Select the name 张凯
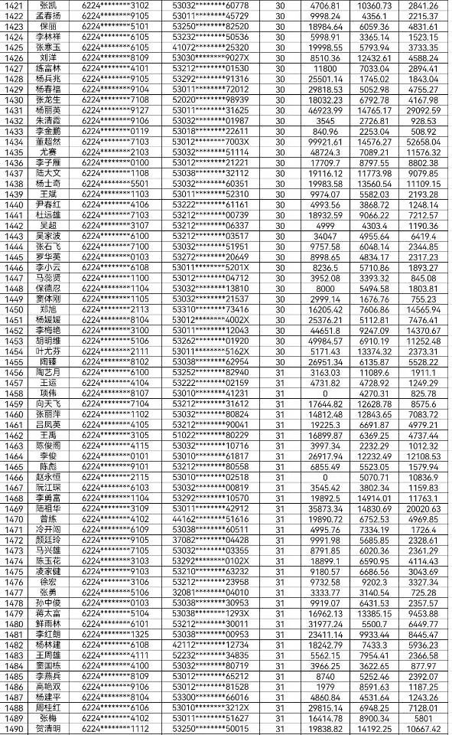[x=47, y=5]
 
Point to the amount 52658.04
[x=423, y=141]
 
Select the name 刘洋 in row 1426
[x=47, y=57]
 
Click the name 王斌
[x=47, y=194]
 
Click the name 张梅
[x=47, y=718]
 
